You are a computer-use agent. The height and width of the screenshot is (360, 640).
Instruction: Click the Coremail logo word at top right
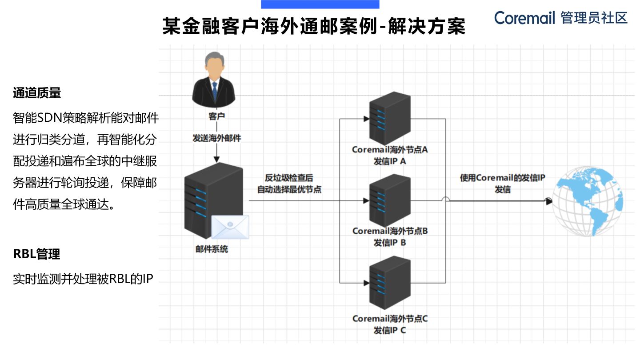tap(524, 18)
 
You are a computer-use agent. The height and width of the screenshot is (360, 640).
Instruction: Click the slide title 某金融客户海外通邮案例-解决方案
tap(314, 26)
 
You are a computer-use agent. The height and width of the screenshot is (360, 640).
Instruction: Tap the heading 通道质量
tap(37, 93)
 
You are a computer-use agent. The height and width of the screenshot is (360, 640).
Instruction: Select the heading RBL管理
tap(36, 254)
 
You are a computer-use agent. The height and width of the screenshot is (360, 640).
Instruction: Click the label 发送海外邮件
tap(216, 138)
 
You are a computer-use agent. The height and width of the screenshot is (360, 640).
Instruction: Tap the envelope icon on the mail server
tap(230, 227)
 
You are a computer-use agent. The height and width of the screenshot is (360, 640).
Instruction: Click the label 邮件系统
tap(212, 249)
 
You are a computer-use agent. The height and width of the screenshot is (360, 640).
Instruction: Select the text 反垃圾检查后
tap(289, 177)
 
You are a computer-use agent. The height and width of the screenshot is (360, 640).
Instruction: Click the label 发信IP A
tap(390, 161)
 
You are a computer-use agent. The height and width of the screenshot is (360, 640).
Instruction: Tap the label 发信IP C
tap(390, 330)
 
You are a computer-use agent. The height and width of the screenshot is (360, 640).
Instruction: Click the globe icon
tap(587, 201)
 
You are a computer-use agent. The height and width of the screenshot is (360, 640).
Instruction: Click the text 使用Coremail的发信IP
tap(502, 178)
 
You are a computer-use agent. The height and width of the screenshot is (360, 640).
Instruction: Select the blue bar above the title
tap(320, 4)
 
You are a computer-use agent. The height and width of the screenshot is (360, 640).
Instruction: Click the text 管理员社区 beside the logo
tap(594, 18)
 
